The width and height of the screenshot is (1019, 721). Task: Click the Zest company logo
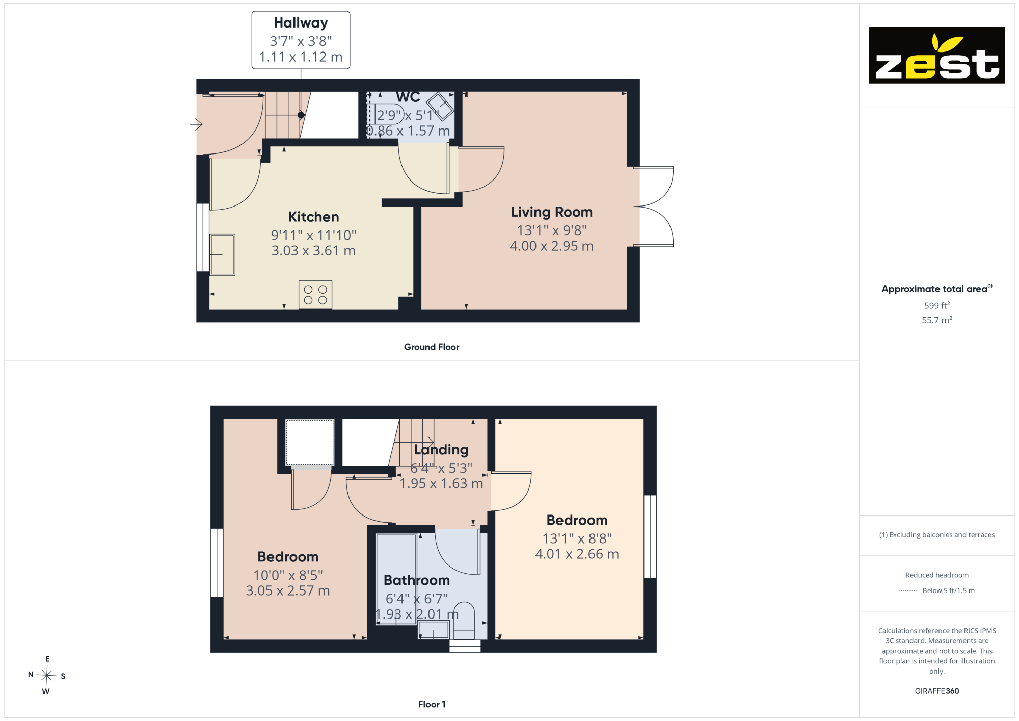click(936, 55)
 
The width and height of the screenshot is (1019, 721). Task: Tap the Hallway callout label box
click(301, 40)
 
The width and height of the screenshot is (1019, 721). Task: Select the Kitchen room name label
click(313, 217)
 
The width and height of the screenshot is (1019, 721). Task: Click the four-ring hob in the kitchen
click(315, 294)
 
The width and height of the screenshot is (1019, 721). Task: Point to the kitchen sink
click(223, 254)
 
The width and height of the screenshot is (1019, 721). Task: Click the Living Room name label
click(552, 212)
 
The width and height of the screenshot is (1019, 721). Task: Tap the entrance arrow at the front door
click(196, 124)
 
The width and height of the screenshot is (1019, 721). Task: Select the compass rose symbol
click(46, 675)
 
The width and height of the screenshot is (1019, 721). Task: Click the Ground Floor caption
click(432, 347)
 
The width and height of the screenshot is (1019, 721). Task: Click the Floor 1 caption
click(432, 704)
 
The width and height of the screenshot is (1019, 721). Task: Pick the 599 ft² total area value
click(937, 305)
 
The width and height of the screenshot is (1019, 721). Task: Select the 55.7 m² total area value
click(937, 320)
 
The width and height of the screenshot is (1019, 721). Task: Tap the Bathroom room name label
click(417, 580)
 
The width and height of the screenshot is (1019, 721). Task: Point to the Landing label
click(441, 450)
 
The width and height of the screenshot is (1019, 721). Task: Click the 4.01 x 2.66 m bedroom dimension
click(577, 554)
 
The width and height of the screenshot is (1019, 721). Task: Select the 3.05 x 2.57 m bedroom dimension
click(288, 590)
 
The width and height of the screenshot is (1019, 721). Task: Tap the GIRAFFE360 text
click(937, 691)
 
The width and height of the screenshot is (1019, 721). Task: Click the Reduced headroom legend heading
click(937, 575)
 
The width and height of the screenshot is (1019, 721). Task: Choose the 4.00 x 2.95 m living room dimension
click(552, 246)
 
